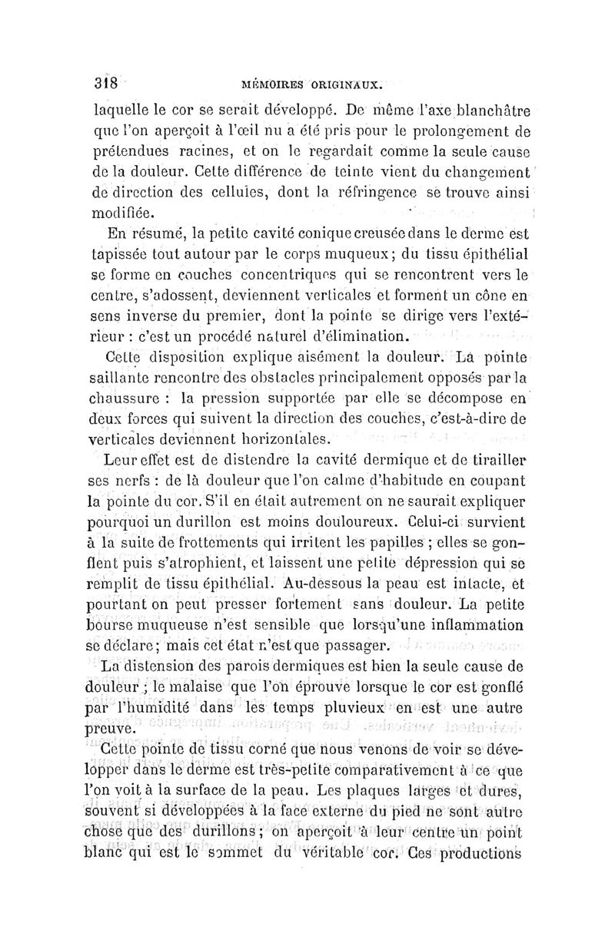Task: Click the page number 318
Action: tap(101, 82)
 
